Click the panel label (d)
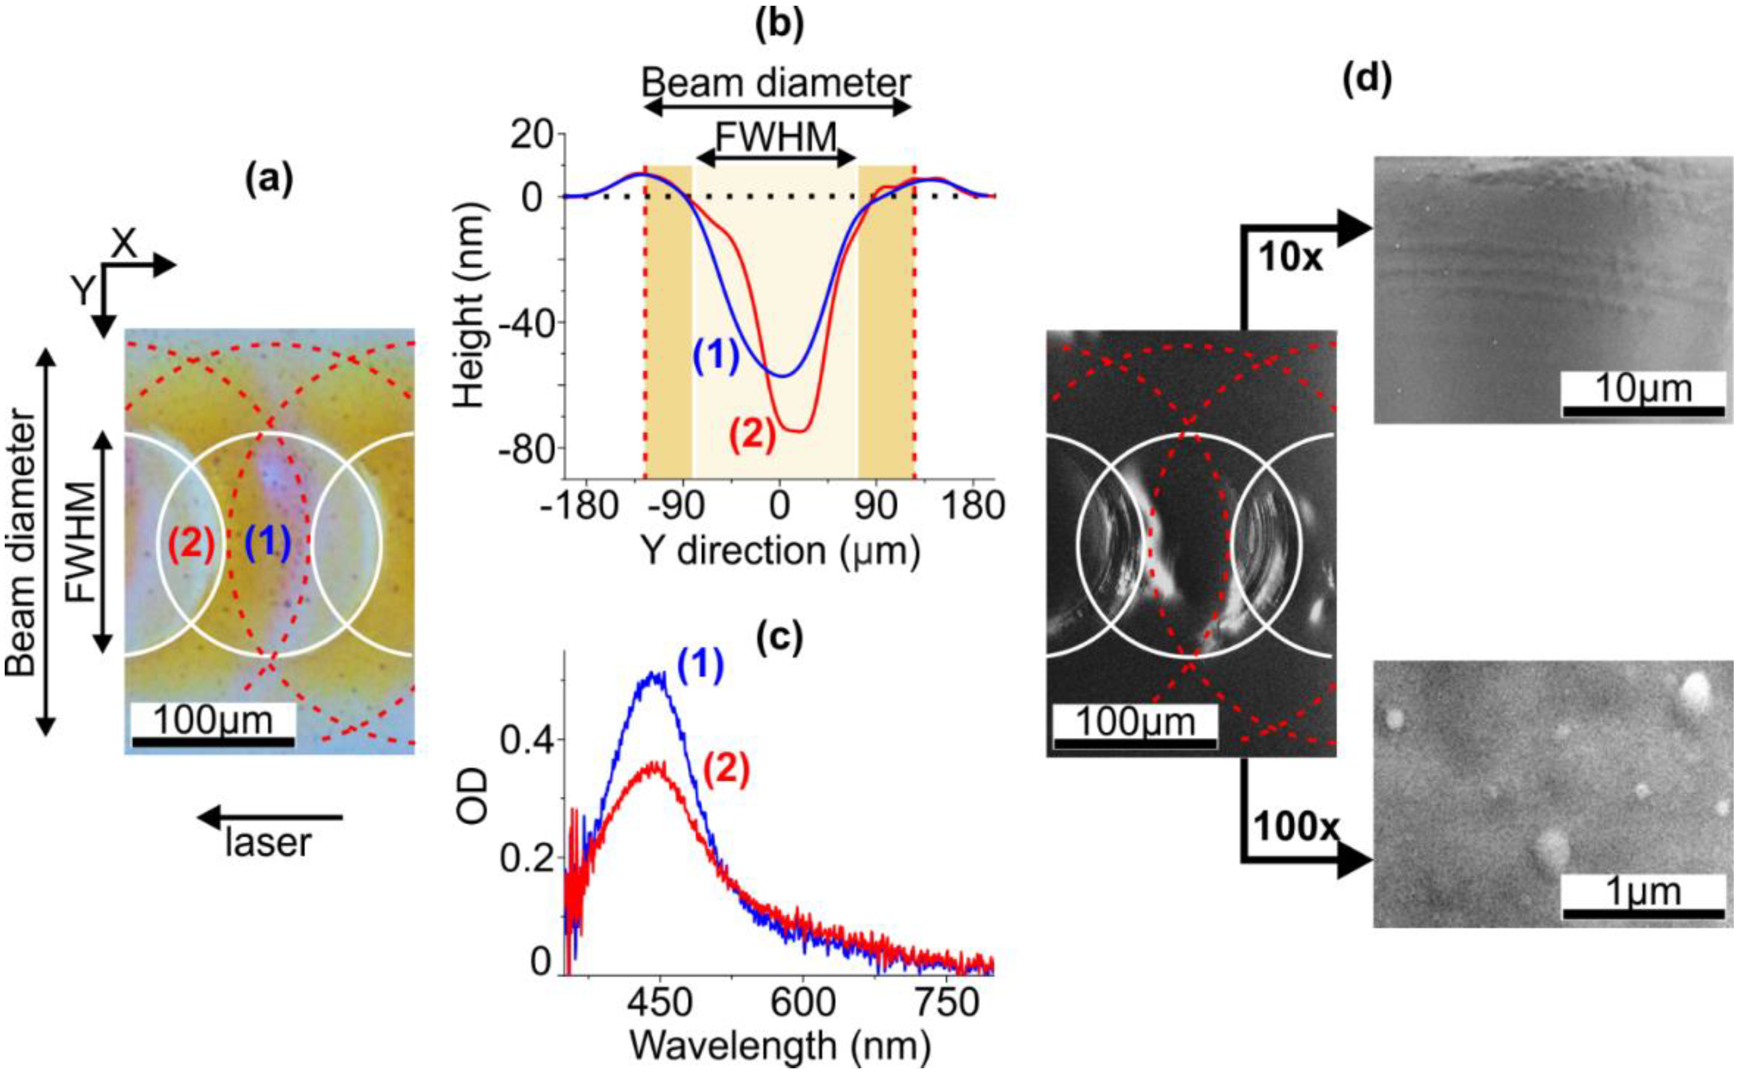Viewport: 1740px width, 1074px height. point(1366,80)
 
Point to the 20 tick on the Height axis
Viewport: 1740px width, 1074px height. point(531,135)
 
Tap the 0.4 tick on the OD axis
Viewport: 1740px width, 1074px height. point(525,740)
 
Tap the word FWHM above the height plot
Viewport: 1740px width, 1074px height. point(776,136)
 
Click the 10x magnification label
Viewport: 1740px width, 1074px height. point(1290,257)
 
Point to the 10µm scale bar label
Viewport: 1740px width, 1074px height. point(1643,389)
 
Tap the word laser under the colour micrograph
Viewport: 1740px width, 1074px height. point(268,843)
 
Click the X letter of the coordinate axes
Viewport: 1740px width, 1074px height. point(124,243)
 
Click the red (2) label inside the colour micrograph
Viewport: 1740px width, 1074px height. point(190,545)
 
